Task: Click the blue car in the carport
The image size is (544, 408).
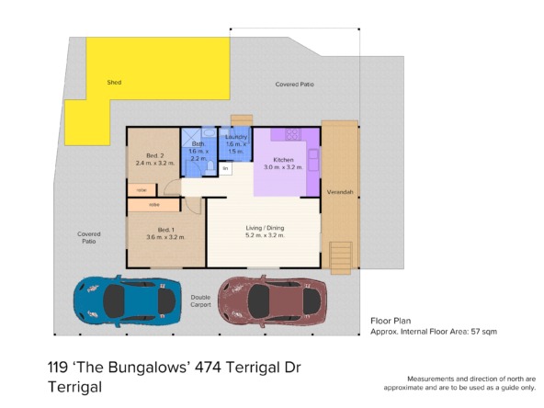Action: tap(128, 301)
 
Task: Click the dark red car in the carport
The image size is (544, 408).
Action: tap(272, 301)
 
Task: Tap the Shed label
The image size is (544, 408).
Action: tap(114, 82)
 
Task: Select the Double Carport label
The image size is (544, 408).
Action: tap(200, 301)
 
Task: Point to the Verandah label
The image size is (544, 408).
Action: tap(340, 192)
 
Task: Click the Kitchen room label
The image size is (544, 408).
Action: tap(283, 160)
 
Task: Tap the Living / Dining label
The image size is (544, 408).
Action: tap(265, 228)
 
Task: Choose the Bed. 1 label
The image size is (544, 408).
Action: tap(165, 230)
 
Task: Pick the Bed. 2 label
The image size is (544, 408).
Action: tap(154, 156)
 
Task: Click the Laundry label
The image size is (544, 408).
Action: tap(236, 137)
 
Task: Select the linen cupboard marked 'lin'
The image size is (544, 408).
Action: tap(225, 168)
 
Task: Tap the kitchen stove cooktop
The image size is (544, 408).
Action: tap(293, 134)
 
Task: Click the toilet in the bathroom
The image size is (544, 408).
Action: tap(210, 168)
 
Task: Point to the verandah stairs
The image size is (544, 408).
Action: tap(341, 257)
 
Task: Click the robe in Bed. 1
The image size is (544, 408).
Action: tap(153, 205)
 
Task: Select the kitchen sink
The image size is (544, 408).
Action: tap(313, 160)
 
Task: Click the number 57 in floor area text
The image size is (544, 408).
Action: tap(475, 332)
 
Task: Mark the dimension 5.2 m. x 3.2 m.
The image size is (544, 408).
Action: tap(265, 235)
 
